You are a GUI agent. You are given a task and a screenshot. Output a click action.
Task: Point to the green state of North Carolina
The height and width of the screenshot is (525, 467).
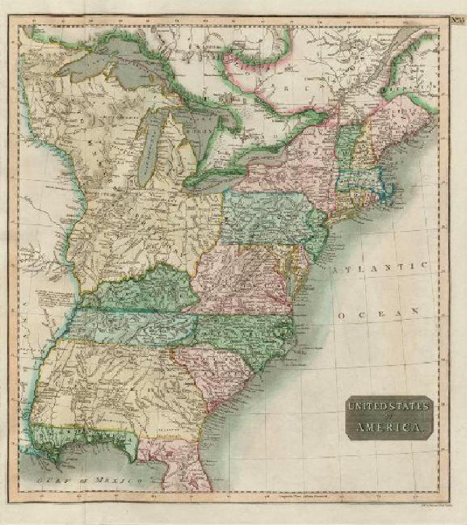point(248,334)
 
